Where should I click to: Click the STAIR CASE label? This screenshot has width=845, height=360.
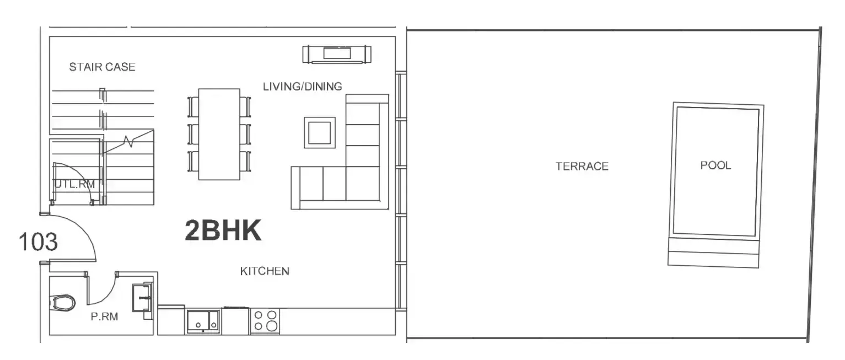click(102, 67)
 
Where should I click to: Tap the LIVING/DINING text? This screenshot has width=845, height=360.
click(303, 87)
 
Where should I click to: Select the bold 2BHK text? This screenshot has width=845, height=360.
click(223, 230)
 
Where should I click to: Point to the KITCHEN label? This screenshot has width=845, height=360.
click(265, 271)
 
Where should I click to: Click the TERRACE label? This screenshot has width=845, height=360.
click(582, 166)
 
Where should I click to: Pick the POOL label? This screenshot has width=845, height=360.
click(715, 165)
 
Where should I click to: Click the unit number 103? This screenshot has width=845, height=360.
click(38, 241)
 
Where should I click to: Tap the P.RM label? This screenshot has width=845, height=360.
click(105, 316)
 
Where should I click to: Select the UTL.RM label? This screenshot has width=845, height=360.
click(75, 184)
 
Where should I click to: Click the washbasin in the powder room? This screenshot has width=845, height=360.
click(142, 298)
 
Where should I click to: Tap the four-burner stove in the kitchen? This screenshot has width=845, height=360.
click(265, 321)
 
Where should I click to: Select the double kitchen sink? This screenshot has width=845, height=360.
click(203, 321)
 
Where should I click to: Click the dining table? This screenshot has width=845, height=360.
click(219, 135)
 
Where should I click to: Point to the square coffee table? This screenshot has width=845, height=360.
click(320, 132)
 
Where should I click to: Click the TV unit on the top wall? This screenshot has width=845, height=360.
click(337, 55)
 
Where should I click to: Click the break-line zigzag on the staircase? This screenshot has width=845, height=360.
click(128, 142)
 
